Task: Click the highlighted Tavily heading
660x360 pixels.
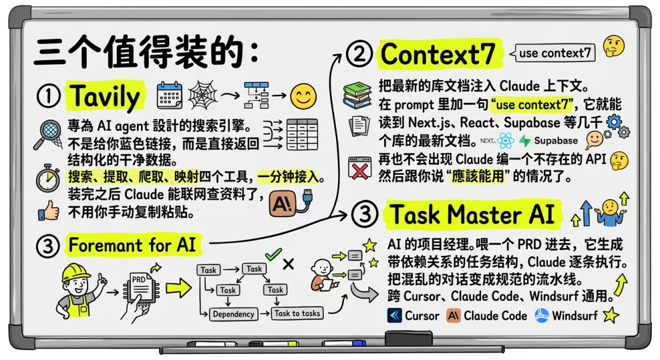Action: pyautogui.click(x=105, y=97)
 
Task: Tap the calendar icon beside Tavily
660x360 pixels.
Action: pyautogui.click(x=169, y=95)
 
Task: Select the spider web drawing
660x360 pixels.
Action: pyautogui.click(x=203, y=95)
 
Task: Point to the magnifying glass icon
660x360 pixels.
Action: pyautogui.click(x=48, y=134)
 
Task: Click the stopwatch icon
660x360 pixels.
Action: pyautogui.click(x=48, y=178)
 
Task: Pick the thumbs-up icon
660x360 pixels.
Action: pyautogui.click(x=49, y=210)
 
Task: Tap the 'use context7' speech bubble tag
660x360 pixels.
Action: pyautogui.click(x=552, y=53)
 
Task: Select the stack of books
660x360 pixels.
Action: pyautogui.click(x=357, y=95)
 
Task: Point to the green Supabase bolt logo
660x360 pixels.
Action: pyautogui.click(x=524, y=141)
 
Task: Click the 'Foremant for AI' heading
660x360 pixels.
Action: pyautogui.click(x=132, y=245)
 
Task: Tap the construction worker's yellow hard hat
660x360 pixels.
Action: pyautogui.click(x=76, y=273)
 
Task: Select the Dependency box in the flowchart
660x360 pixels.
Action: pyautogui.click(x=233, y=314)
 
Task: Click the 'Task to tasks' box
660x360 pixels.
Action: pyautogui.click(x=297, y=314)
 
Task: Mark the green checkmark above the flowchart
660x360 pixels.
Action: pyautogui.click(x=273, y=254)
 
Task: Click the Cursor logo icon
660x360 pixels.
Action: pyautogui.click(x=394, y=316)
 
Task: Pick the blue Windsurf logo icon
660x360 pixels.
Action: pyautogui.click(x=541, y=315)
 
